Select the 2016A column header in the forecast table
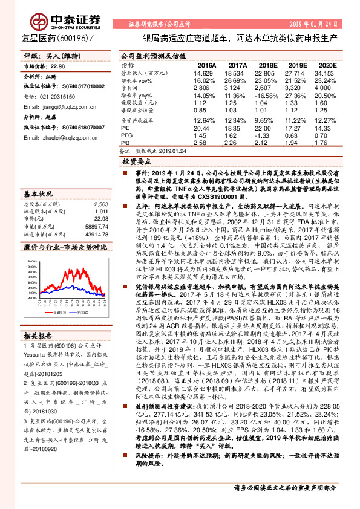point(206,65)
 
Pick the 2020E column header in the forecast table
point(327,65)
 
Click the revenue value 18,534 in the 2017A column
point(237,73)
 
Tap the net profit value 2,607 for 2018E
point(267,88)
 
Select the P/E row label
point(125,128)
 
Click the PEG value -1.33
point(267,136)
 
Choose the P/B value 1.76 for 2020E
point(327,144)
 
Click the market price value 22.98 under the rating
point(57,68)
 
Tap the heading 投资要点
point(136,163)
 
